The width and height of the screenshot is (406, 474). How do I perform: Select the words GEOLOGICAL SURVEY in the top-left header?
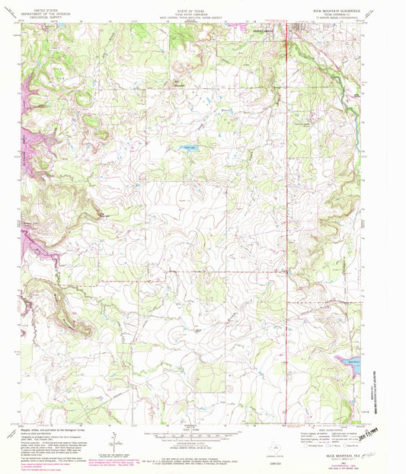(33, 17)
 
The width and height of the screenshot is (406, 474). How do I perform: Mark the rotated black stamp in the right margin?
(374, 437)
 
